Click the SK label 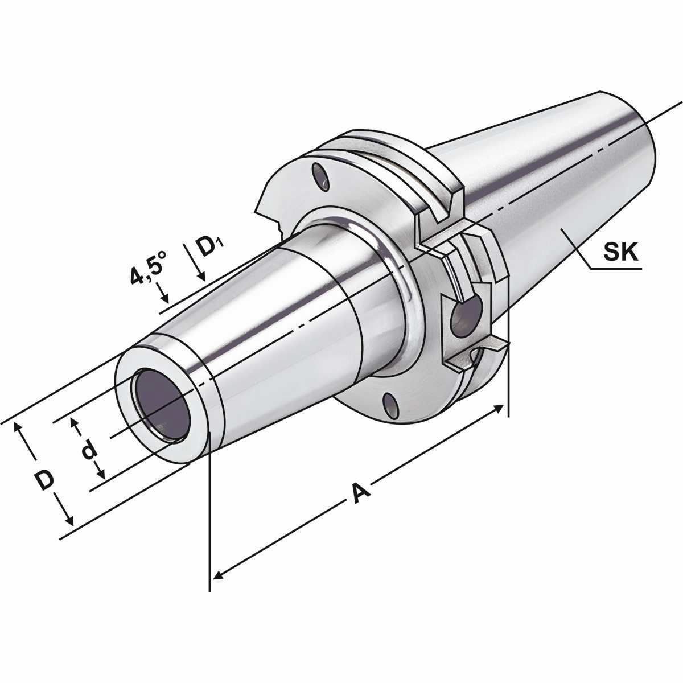(622, 252)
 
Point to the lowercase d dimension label (88, 450)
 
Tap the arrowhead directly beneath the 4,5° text (164, 297)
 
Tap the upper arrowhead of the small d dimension (73, 422)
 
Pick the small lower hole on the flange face (390, 405)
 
